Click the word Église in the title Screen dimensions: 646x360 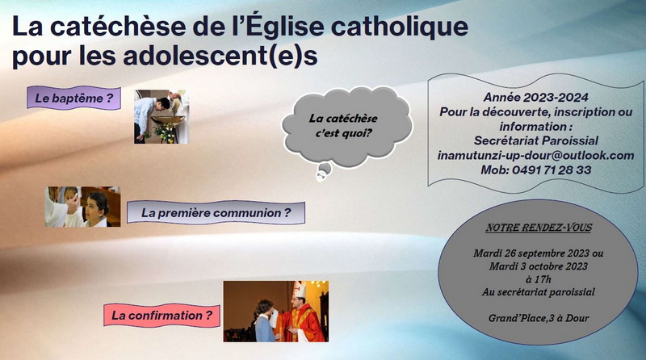pos(287,26)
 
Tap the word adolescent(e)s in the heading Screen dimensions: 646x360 pos(220,56)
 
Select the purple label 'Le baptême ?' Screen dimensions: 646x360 pos(73,98)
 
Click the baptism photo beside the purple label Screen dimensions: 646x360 pos(161,116)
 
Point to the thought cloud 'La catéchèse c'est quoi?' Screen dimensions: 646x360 pos(347,127)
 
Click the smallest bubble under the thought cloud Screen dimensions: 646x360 pos(320,177)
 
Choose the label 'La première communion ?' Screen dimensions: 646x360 pos(216,212)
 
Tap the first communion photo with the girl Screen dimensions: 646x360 pos(82,207)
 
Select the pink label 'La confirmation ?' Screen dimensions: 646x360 pos(161,316)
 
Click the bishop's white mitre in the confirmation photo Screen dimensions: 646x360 pos(299,290)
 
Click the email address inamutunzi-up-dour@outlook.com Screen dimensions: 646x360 pos(535,155)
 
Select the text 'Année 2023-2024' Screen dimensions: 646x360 pos(535,97)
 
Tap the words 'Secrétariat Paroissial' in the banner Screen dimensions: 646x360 pos(535,140)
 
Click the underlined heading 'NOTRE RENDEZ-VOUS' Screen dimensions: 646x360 pos(539,228)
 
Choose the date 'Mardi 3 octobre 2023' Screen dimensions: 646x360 pos(538,266)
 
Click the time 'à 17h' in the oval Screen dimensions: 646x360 pos(538,279)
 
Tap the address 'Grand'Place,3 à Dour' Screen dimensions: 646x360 pos(539,318)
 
